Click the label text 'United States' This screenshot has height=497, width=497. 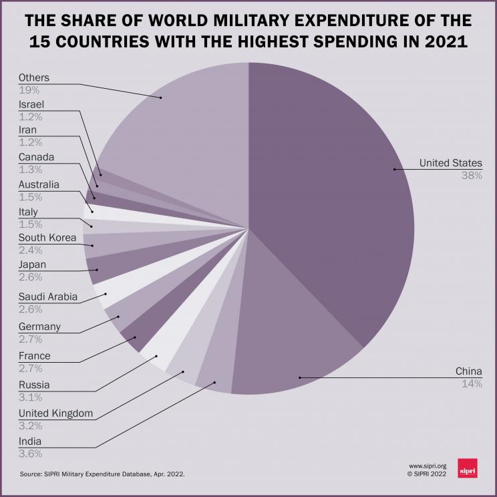click(x=450, y=163)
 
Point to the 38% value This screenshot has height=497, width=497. click(x=472, y=176)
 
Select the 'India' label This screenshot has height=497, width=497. click(x=30, y=441)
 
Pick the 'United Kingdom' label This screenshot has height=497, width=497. click(x=55, y=413)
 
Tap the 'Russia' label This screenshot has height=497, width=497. click(x=34, y=385)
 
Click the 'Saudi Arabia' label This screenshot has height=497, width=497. click(x=48, y=296)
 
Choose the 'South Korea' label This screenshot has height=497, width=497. click(x=47, y=237)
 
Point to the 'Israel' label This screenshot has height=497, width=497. click(x=31, y=104)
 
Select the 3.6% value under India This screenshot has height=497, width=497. click(x=31, y=454)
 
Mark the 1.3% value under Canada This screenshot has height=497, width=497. click(x=31, y=170)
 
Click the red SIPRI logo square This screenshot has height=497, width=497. click(x=467, y=468)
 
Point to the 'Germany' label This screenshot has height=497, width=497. click(x=39, y=327)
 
